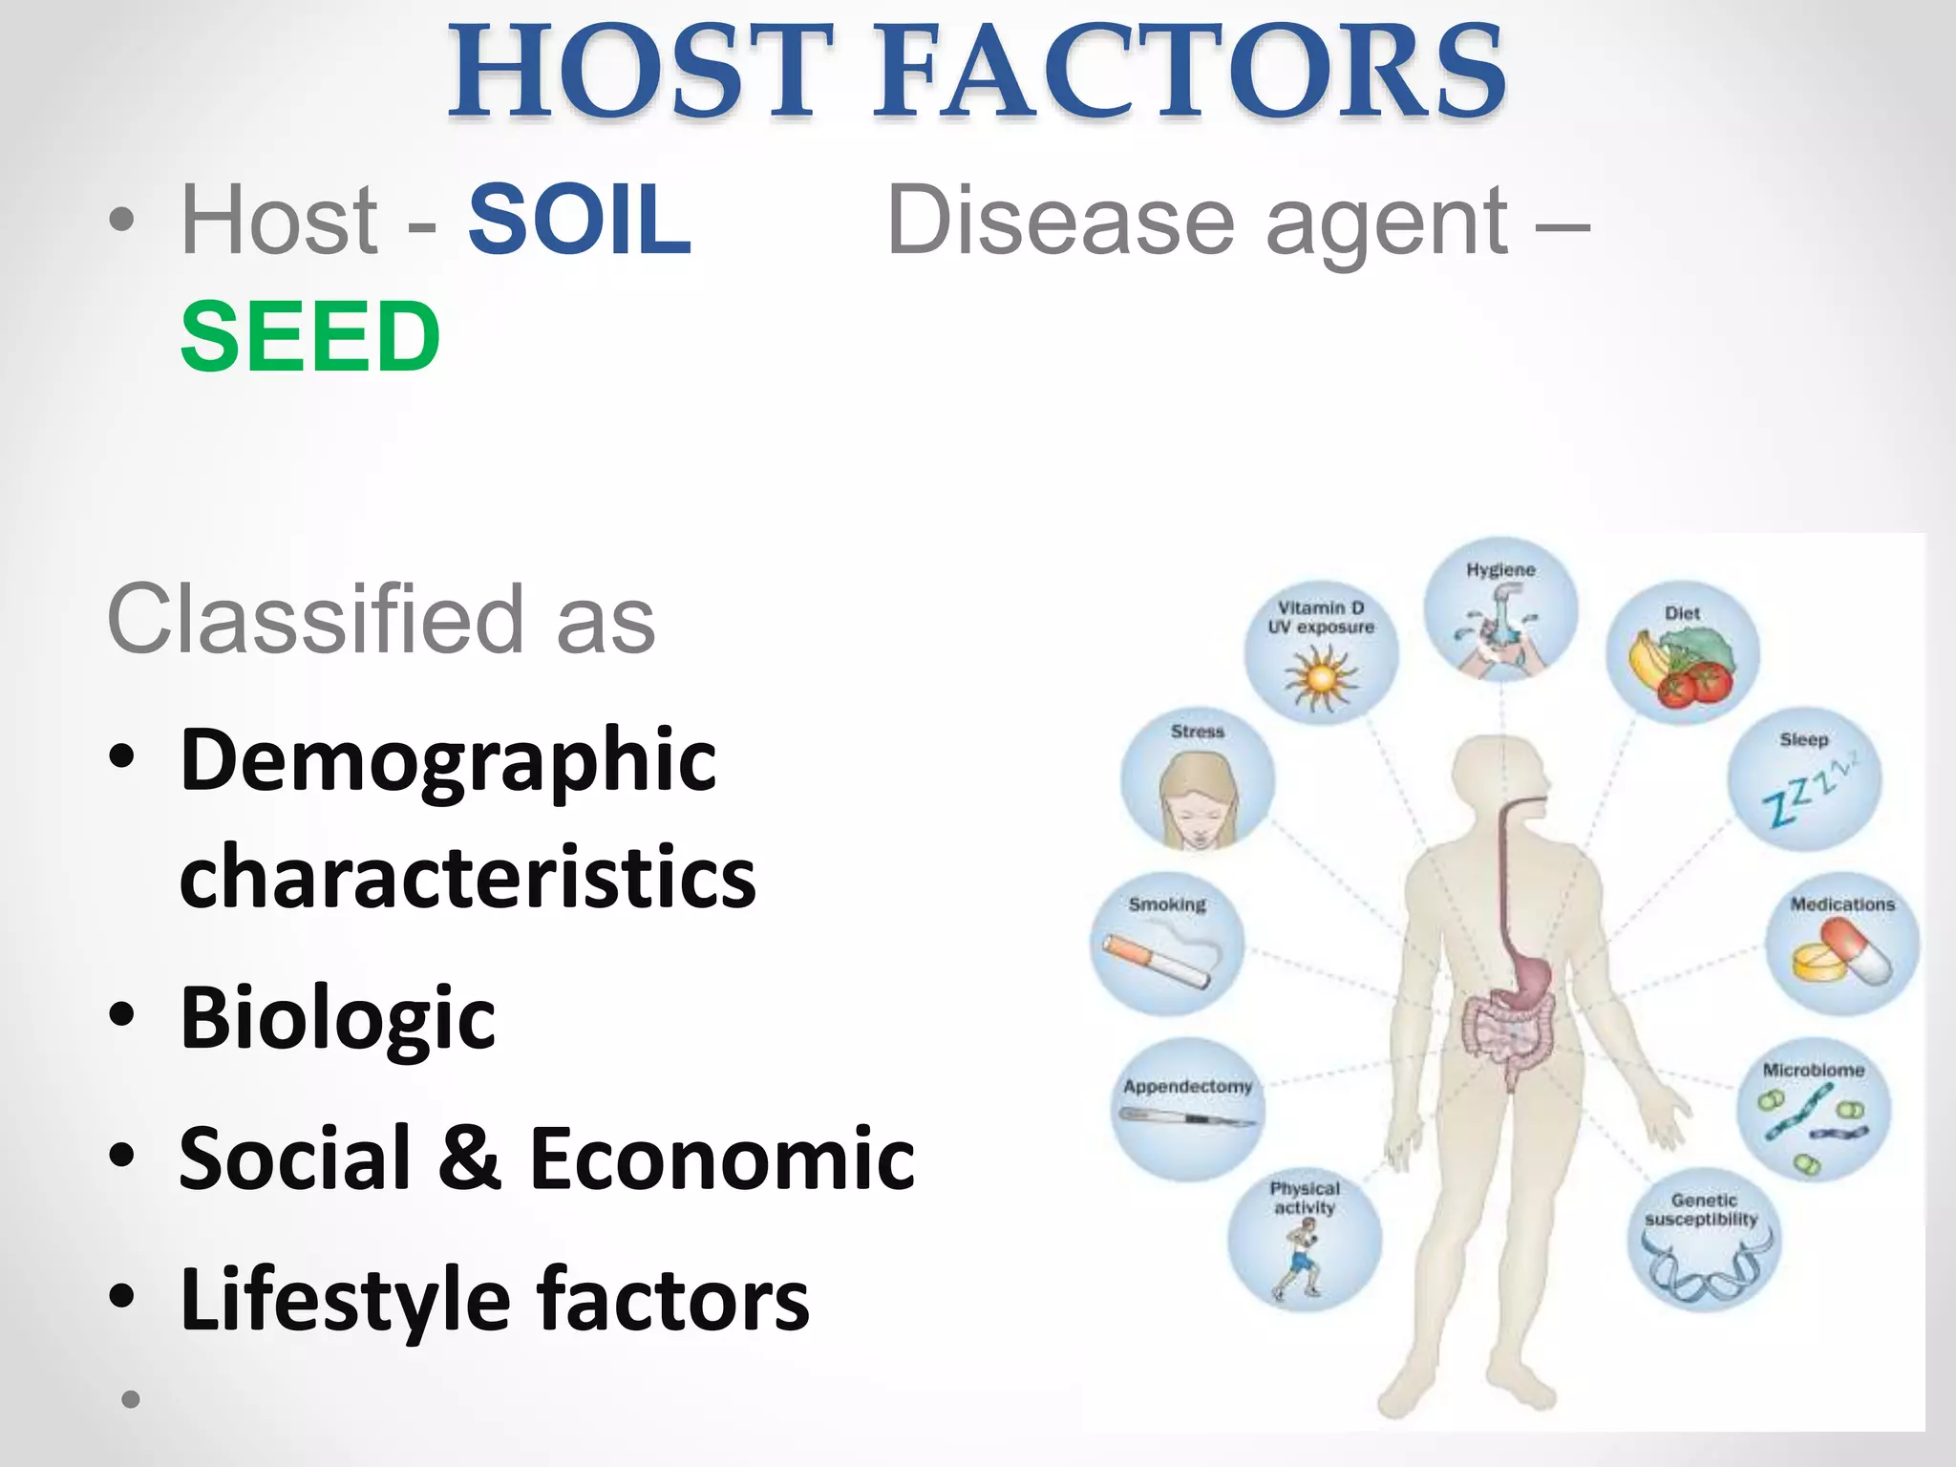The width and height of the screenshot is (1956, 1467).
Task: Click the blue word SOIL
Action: [x=579, y=222]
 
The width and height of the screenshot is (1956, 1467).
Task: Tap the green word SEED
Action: [x=310, y=337]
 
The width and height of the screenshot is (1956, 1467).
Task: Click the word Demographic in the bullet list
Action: [x=448, y=761]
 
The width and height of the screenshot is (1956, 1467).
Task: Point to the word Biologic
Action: [x=337, y=1018]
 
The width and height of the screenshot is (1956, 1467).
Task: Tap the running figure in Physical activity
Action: [x=1300, y=1258]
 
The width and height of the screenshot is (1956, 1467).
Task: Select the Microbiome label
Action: [x=1813, y=1071]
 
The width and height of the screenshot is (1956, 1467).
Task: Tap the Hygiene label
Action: [x=1500, y=570]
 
